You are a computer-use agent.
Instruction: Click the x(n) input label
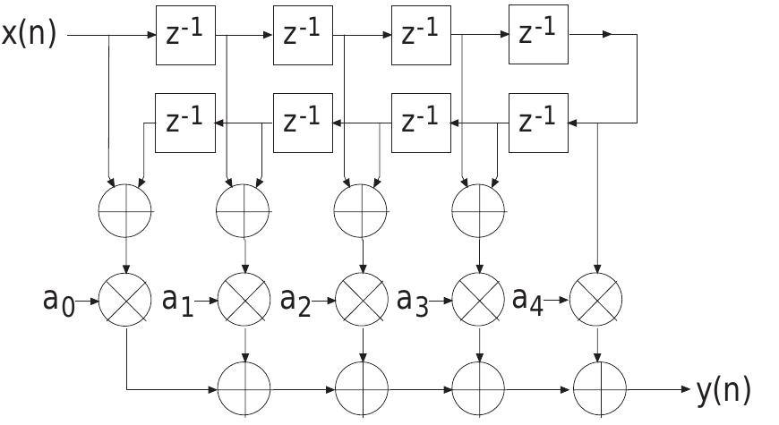[x=29, y=35]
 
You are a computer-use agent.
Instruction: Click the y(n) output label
[x=723, y=390]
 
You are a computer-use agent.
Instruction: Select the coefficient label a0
[x=59, y=300]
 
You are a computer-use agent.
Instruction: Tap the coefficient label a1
[x=177, y=301]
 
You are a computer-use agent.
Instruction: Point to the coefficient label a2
[x=295, y=301]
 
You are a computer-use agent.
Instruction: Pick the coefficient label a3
[x=412, y=301]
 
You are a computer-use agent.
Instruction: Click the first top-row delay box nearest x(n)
[x=185, y=35]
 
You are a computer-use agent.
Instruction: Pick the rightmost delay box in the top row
[x=538, y=35]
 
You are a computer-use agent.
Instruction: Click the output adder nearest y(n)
[x=597, y=390]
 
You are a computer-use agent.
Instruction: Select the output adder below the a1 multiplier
[x=244, y=390]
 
